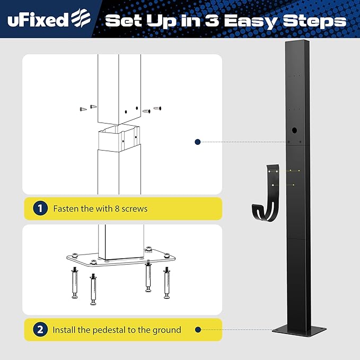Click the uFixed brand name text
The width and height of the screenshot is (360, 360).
(x=38, y=20)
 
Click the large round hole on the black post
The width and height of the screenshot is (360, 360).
(x=295, y=129)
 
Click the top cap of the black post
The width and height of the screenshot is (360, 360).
(x=296, y=42)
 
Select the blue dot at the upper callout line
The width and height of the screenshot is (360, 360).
(x=197, y=142)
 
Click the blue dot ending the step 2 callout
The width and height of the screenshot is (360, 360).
(x=197, y=330)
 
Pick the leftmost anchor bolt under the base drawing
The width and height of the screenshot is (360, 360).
(x=75, y=283)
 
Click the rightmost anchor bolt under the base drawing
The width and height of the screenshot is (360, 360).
(x=168, y=283)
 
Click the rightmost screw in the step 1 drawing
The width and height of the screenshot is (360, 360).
(x=157, y=108)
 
